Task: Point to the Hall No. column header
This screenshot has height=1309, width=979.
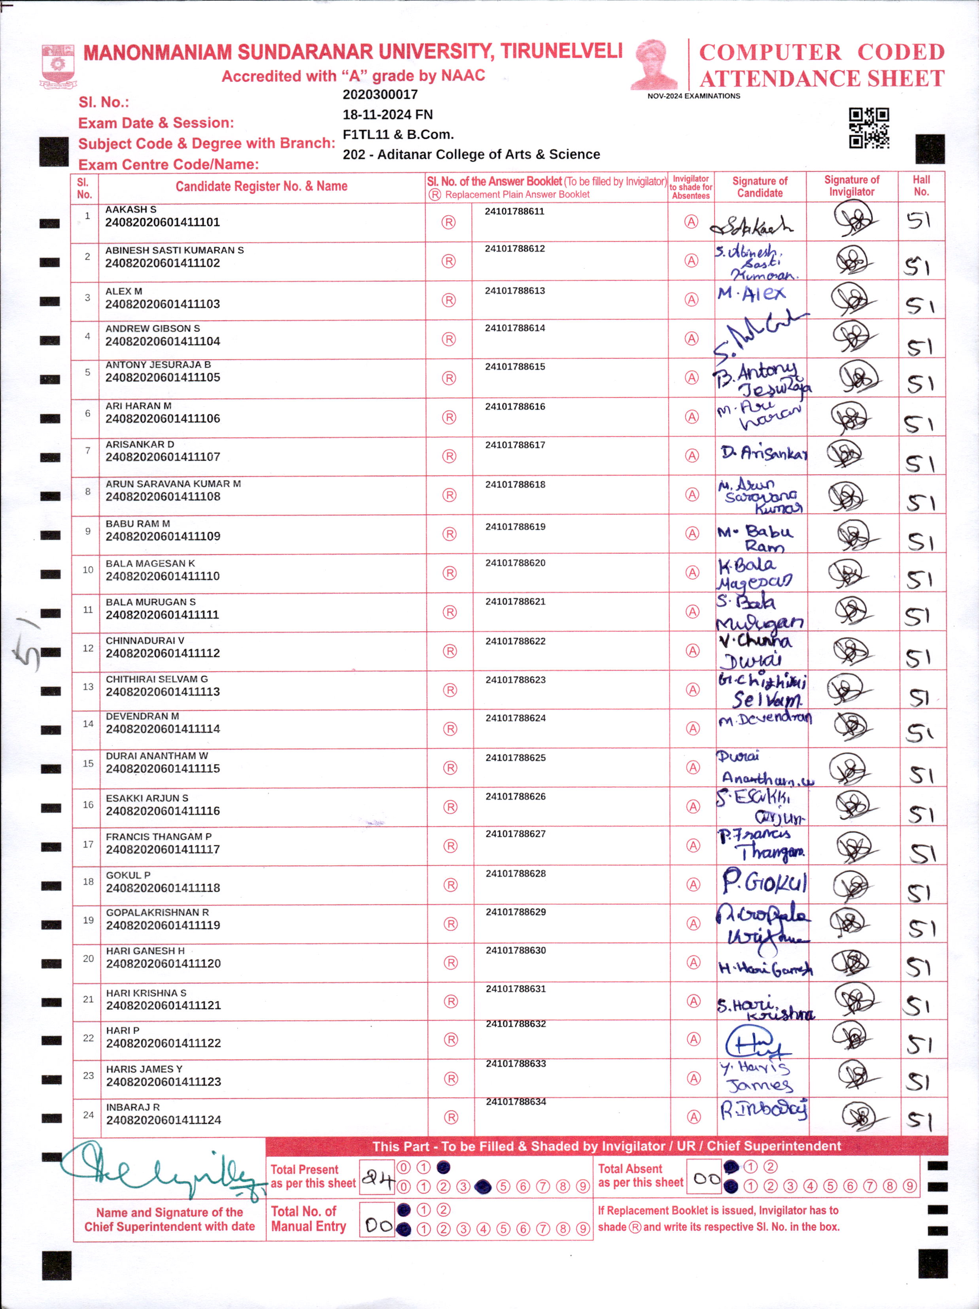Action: click(921, 186)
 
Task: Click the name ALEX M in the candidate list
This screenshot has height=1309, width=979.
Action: click(124, 291)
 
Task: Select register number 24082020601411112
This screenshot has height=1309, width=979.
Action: click(163, 653)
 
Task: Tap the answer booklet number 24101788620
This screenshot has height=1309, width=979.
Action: click(515, 563)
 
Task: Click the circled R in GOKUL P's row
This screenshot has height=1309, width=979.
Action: click(450, 885)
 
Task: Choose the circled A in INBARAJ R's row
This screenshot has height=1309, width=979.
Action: click(693, 1117)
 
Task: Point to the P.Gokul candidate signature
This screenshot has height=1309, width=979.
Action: click(764, 883)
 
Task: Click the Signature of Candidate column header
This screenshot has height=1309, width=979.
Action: click(760, 187)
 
